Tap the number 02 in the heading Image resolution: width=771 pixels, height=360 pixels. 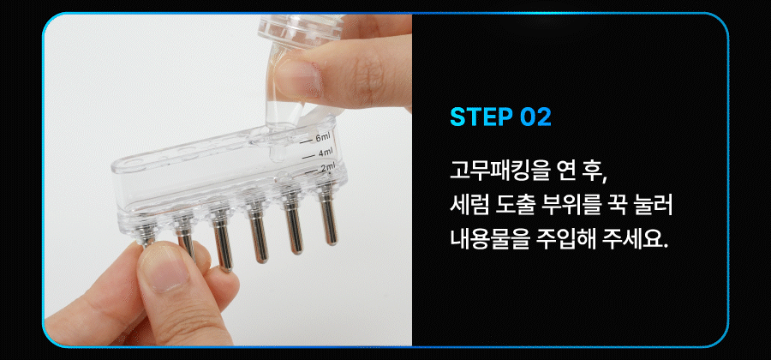(x=535, y=117)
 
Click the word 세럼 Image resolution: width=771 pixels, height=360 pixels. (x=469, y=206)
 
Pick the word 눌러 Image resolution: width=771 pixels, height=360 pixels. (x=653, y=206)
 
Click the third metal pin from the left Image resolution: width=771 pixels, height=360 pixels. (x=221, y=236)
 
